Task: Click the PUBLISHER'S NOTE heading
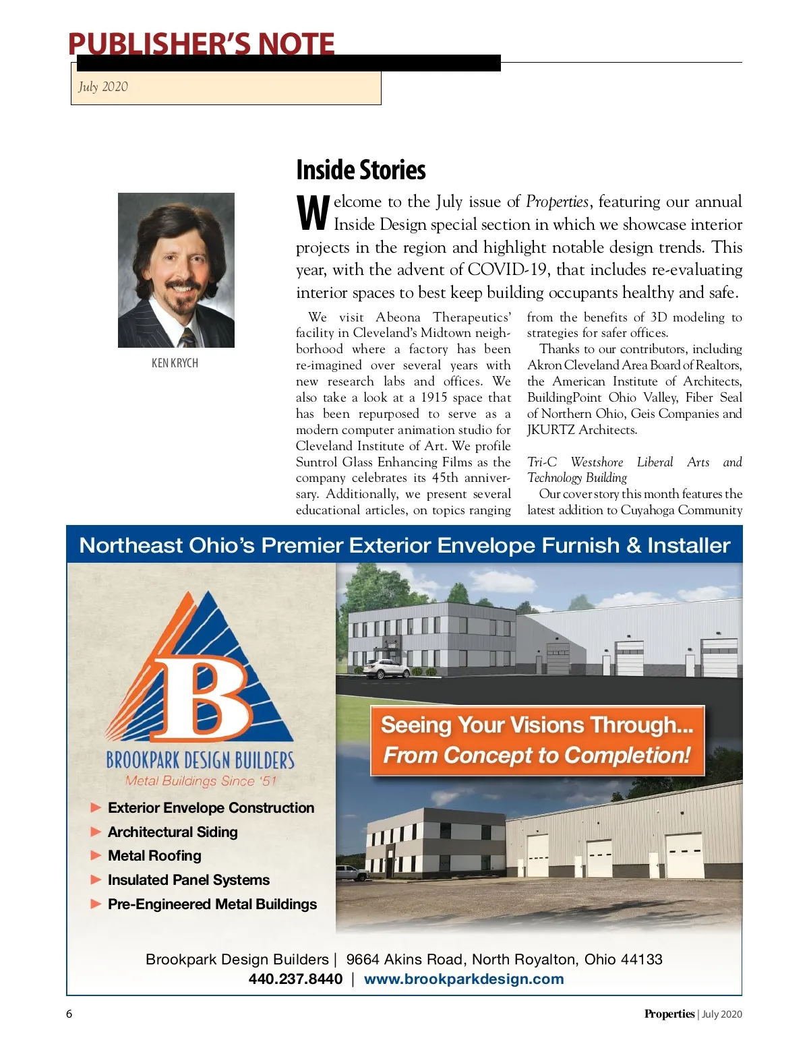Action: click(x=201, y=44)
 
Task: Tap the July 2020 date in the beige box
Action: click(x=102, y=86)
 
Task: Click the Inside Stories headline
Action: click(x=361, y=170)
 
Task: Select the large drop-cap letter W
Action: click(x=313, y=213)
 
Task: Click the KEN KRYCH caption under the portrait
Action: click(x=175, y=363)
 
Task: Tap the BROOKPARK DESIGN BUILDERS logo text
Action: click(x=200, y=760)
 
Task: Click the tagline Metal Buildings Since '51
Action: click(x=201, y=781)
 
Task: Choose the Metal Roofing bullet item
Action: click(x=154, y=856)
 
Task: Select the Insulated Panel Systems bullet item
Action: click(x=189, y=880)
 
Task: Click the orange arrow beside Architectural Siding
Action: click(x=96, y=832)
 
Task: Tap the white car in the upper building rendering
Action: click(x=386, y=669)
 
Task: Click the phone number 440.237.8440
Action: click(x=295, y=979)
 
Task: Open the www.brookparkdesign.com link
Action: click(x=464, y=979)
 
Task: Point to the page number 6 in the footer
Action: click(x=69, y=1014)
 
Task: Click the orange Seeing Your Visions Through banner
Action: click(x=537, y=740)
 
